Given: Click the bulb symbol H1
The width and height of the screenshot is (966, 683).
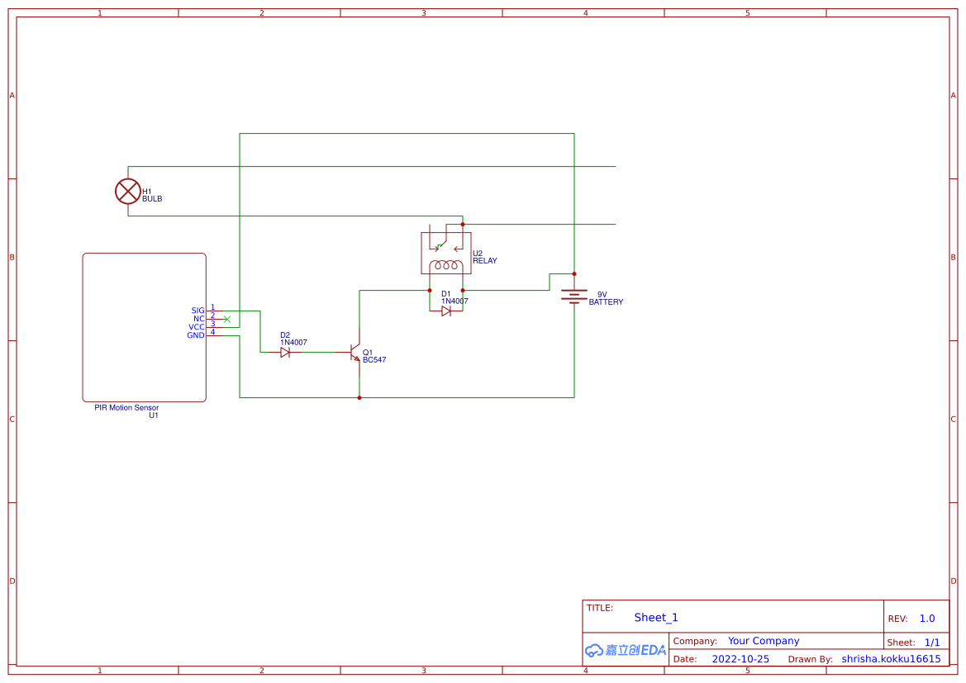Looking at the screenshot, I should point(128,192).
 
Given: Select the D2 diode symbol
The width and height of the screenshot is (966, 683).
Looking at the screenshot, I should point(285,352).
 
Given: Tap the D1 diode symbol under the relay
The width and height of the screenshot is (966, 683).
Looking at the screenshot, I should point(446,311).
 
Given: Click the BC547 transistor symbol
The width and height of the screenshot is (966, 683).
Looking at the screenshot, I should point(356,353).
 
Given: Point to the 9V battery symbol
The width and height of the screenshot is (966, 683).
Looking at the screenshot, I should point(573,296).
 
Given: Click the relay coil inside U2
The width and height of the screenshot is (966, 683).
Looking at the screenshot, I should point(446,265).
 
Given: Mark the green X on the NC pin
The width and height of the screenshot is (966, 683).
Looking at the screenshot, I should point(227,319).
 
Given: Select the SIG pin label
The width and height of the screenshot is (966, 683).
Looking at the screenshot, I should point(197,311).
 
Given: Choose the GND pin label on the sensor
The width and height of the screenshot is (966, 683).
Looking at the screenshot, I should point(195,335).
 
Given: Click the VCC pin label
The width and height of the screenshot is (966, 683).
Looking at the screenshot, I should point(196,327).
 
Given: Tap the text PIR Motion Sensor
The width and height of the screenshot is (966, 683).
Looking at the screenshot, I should point(126,407).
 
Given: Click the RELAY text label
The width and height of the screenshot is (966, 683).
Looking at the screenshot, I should point(485,261).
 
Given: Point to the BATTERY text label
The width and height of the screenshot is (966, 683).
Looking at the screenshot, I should point(606,302).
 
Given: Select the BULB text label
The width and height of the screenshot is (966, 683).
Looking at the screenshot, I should point(152,199).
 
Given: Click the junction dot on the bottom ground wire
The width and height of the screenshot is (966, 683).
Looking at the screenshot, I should point(359,397).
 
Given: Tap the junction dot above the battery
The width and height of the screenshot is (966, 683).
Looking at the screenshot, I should point(574,273).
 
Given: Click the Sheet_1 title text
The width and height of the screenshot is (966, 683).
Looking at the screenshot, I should point(656,618).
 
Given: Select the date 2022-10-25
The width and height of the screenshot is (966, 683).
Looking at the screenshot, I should point(740,659).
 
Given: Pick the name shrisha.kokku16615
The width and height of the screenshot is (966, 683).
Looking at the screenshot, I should point(891,659).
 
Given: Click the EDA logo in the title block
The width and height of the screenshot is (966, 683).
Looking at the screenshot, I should point(626,650).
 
